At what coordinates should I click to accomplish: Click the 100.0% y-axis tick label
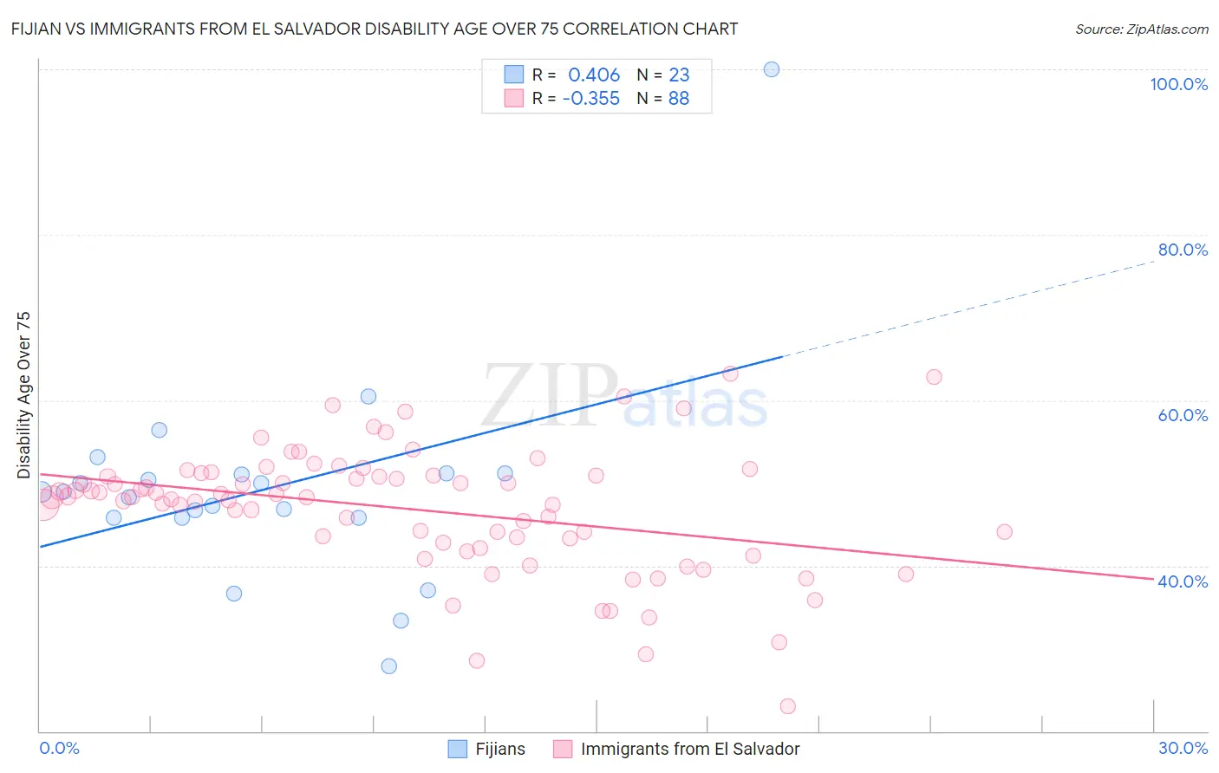tap(1178, 84)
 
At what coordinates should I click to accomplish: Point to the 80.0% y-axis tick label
tap(1183, 250)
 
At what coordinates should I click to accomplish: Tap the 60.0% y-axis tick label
tap(1183, 415)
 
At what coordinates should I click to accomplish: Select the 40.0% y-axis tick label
tap(1183, 581)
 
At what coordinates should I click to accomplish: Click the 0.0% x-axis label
tap(59, 748)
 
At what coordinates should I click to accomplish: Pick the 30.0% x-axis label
tap(1183, 748)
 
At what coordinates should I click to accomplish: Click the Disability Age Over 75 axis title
tap(23, 395)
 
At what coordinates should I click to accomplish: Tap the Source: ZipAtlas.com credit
tap(1141, 29)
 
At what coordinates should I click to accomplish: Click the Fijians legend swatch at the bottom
tap(458, 749)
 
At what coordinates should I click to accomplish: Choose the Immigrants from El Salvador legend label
tap(690, 749)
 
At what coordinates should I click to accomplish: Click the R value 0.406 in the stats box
tap(594, 75)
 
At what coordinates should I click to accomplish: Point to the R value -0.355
tap(590, 99)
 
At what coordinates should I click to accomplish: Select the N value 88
tap(679, 99)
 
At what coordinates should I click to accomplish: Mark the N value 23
tap(679, 75)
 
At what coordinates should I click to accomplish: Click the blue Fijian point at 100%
tap(772, 69)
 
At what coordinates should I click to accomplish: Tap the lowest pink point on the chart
tap(788, 706)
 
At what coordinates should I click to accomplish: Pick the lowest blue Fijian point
tap(389, 666)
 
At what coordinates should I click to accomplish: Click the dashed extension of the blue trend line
tap(971, 307)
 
